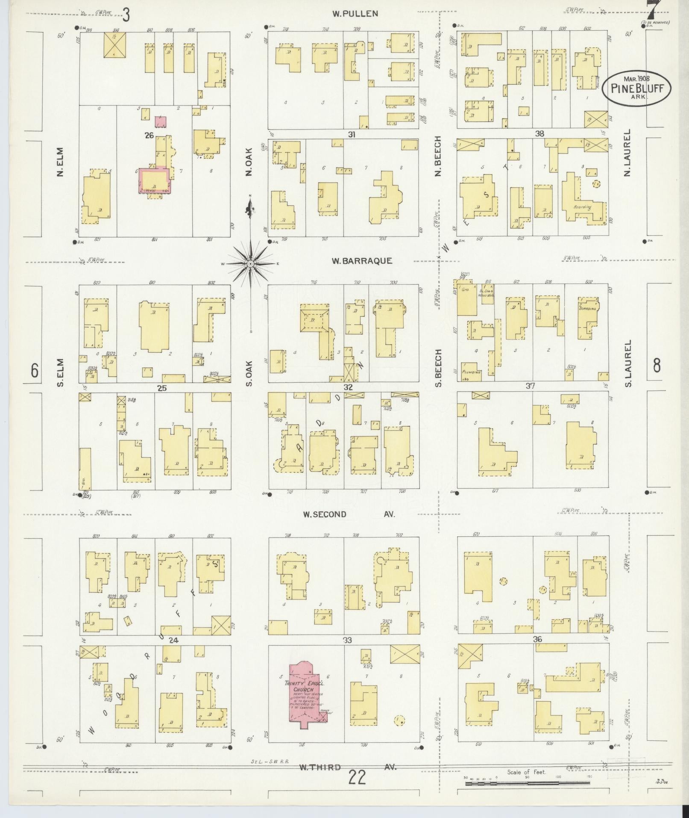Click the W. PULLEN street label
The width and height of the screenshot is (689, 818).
(355, 14)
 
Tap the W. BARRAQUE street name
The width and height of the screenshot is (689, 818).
(362, 261)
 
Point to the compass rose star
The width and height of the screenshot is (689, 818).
(251, 264)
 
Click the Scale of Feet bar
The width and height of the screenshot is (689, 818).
(527, 783)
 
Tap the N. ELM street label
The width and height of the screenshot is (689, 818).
(59, 162)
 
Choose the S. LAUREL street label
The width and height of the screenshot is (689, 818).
(627, 363)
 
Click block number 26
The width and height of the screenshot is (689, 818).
(149, 136)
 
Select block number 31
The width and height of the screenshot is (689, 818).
(351, 135)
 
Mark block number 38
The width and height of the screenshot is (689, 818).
(539, 134)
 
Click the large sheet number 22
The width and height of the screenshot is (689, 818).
(357, 777)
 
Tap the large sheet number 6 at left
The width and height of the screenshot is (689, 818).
(35, 370)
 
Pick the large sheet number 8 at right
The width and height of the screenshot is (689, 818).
(657, 366)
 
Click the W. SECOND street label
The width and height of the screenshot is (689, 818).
(325, 514)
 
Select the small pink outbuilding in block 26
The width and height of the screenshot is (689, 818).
(161, 121)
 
